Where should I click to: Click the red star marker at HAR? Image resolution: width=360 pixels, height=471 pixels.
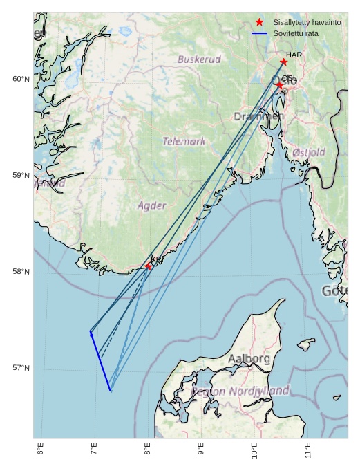(x=283, y=62)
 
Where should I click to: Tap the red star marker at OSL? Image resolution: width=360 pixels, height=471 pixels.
(x=279, y=85)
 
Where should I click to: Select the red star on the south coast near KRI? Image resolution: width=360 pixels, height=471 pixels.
(x=148, y=266)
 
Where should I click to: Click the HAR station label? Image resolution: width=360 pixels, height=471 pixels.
(x=294, y=55)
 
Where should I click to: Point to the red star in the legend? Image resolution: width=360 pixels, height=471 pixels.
(x=259, y=22)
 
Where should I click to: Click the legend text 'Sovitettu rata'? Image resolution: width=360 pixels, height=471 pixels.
(x=295, y=33)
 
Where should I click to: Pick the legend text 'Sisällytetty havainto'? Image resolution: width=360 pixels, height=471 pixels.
(x=307, y=22)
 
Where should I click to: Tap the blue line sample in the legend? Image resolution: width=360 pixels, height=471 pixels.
(x=259, y=33)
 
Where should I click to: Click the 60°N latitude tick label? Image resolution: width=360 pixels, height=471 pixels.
(x=21, y=79)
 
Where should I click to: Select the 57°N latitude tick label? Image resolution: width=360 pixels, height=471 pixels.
(x=21, y=368)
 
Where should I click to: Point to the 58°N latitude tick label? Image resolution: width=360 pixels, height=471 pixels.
(x=21, y=272)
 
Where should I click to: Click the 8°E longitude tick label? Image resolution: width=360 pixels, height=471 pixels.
(x=147, y=450)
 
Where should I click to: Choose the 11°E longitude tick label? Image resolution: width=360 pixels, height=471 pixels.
(x=307, y=450)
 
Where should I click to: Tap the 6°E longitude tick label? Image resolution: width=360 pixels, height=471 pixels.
(x=40, y=450)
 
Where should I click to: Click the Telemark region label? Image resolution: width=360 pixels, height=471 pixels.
(x=184, y=141)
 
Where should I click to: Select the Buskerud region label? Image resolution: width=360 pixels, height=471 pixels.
(x=199, y=59)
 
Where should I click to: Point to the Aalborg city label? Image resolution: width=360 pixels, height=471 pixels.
(x=249, y=359)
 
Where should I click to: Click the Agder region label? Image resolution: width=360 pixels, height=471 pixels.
(x=151, y=205)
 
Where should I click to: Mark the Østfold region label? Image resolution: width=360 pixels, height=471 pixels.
(x=309, y=152)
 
